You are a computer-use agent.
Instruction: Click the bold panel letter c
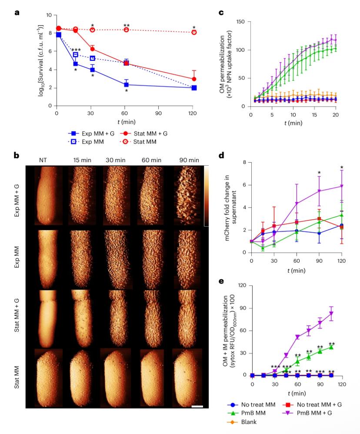coord(221,13)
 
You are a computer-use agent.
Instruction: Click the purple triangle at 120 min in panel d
coord(342,186)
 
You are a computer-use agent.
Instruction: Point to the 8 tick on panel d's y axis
coord(245,163)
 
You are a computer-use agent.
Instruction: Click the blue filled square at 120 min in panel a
coord(194,87)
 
